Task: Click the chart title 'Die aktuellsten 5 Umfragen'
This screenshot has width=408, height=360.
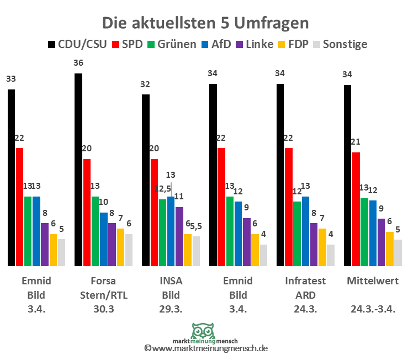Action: [205, 23]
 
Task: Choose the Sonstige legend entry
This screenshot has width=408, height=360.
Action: [340, 44]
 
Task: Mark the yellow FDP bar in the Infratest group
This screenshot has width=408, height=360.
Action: [322, 247]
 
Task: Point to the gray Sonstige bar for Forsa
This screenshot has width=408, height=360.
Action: [129, 250]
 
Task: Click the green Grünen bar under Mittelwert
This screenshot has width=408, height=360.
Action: [364, 232]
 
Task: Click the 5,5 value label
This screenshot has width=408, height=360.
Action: [197, 226]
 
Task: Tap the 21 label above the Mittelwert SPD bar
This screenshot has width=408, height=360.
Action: [356, 142]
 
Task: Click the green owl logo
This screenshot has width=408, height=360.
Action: [204, 331]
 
